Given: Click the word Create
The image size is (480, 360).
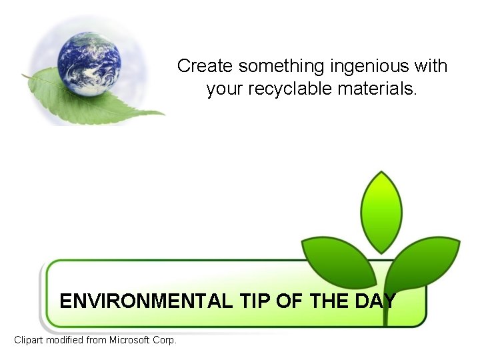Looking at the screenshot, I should [205, 67].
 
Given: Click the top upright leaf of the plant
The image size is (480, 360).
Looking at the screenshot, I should [381, 211].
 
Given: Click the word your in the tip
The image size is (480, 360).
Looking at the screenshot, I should [225, 89].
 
